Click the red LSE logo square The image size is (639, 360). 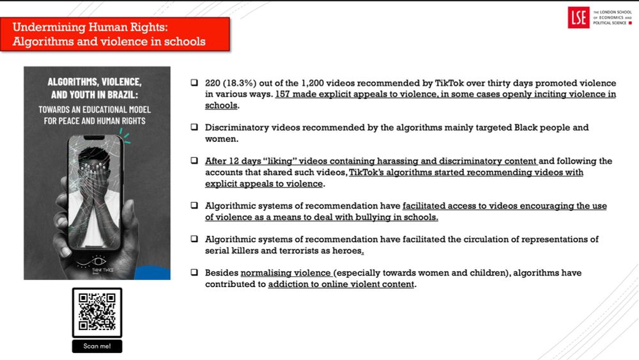[578, 18]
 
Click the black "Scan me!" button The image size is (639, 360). [97, 346]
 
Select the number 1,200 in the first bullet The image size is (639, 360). [311, 84]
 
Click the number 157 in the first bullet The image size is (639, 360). [284, 95]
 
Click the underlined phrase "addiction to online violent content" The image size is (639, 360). [341, 285]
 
